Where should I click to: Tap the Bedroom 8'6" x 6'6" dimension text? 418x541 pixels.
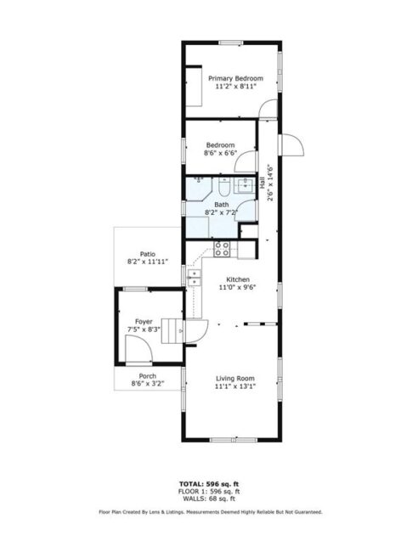(x=220, y=154)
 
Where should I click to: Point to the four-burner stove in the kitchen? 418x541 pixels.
(x=223, y=249)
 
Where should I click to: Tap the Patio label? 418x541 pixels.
(x=148, y=254)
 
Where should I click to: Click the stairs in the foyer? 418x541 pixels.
(x=173, y=330)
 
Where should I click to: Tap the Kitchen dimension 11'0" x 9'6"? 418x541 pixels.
(x=237, y=287)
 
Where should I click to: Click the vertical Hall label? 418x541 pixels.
(x=263, y=180)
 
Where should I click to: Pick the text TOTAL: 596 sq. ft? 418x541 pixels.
(x=208, y=482)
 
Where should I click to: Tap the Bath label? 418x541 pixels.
(x=221, y=205)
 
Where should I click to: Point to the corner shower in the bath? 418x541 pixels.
(x=200, y=228)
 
